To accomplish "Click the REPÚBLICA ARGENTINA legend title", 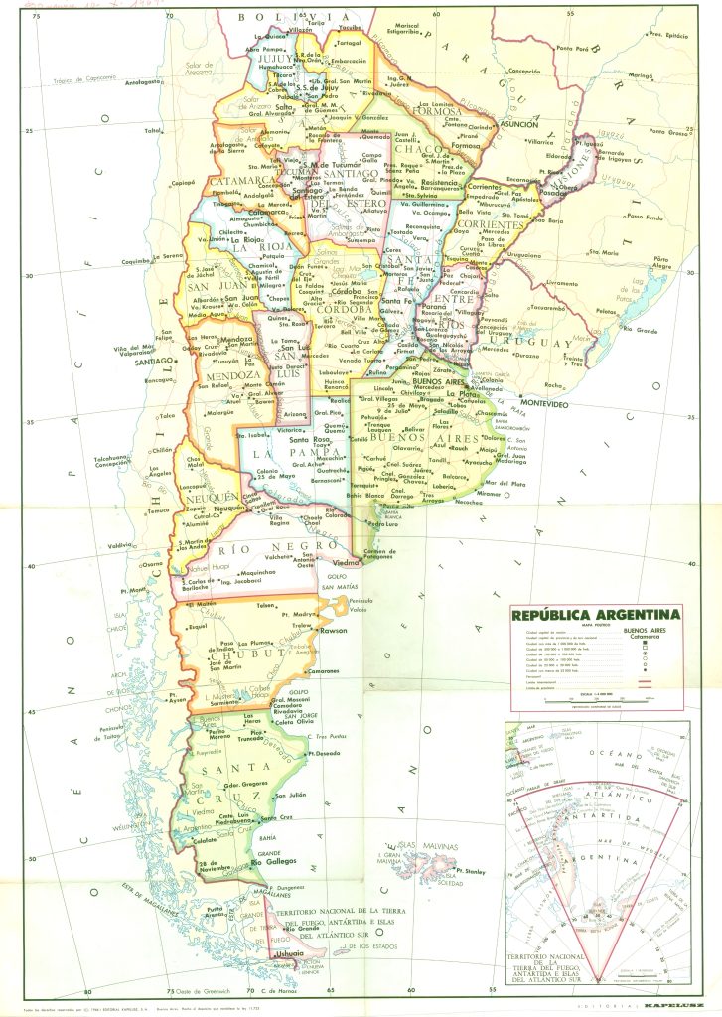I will [x=595, y=614].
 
